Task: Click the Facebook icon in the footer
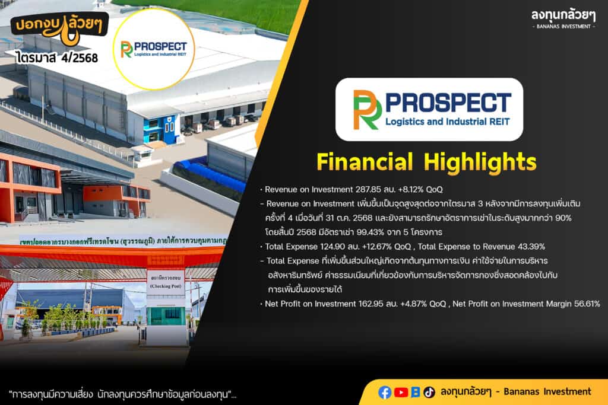385,392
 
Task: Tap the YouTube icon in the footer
401,392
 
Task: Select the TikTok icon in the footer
429,392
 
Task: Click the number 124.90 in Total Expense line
332,247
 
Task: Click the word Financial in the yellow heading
365,161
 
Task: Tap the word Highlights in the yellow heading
480,162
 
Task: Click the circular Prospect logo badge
154,50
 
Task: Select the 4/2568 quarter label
80,58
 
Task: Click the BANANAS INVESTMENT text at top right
563,26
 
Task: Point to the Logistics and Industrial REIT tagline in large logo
448,122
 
